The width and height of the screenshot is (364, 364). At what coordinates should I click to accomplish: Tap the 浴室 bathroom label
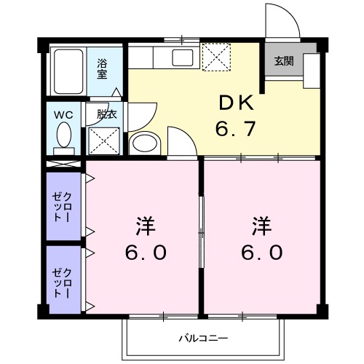click(x=103, y=68)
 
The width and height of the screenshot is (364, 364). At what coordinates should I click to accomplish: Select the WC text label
click(x=63, y=114)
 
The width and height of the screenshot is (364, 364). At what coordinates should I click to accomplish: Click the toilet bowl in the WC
click(x=64, y=136)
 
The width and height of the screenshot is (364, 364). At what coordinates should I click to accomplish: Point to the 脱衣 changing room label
click(x=107, y=114)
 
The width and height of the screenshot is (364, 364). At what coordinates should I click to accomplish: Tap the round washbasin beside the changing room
click(x=143, y=143)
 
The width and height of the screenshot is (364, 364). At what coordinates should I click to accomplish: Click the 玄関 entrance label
click(x=284, y=62)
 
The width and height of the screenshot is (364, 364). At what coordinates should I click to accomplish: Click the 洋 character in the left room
click(x=143, y=226)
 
